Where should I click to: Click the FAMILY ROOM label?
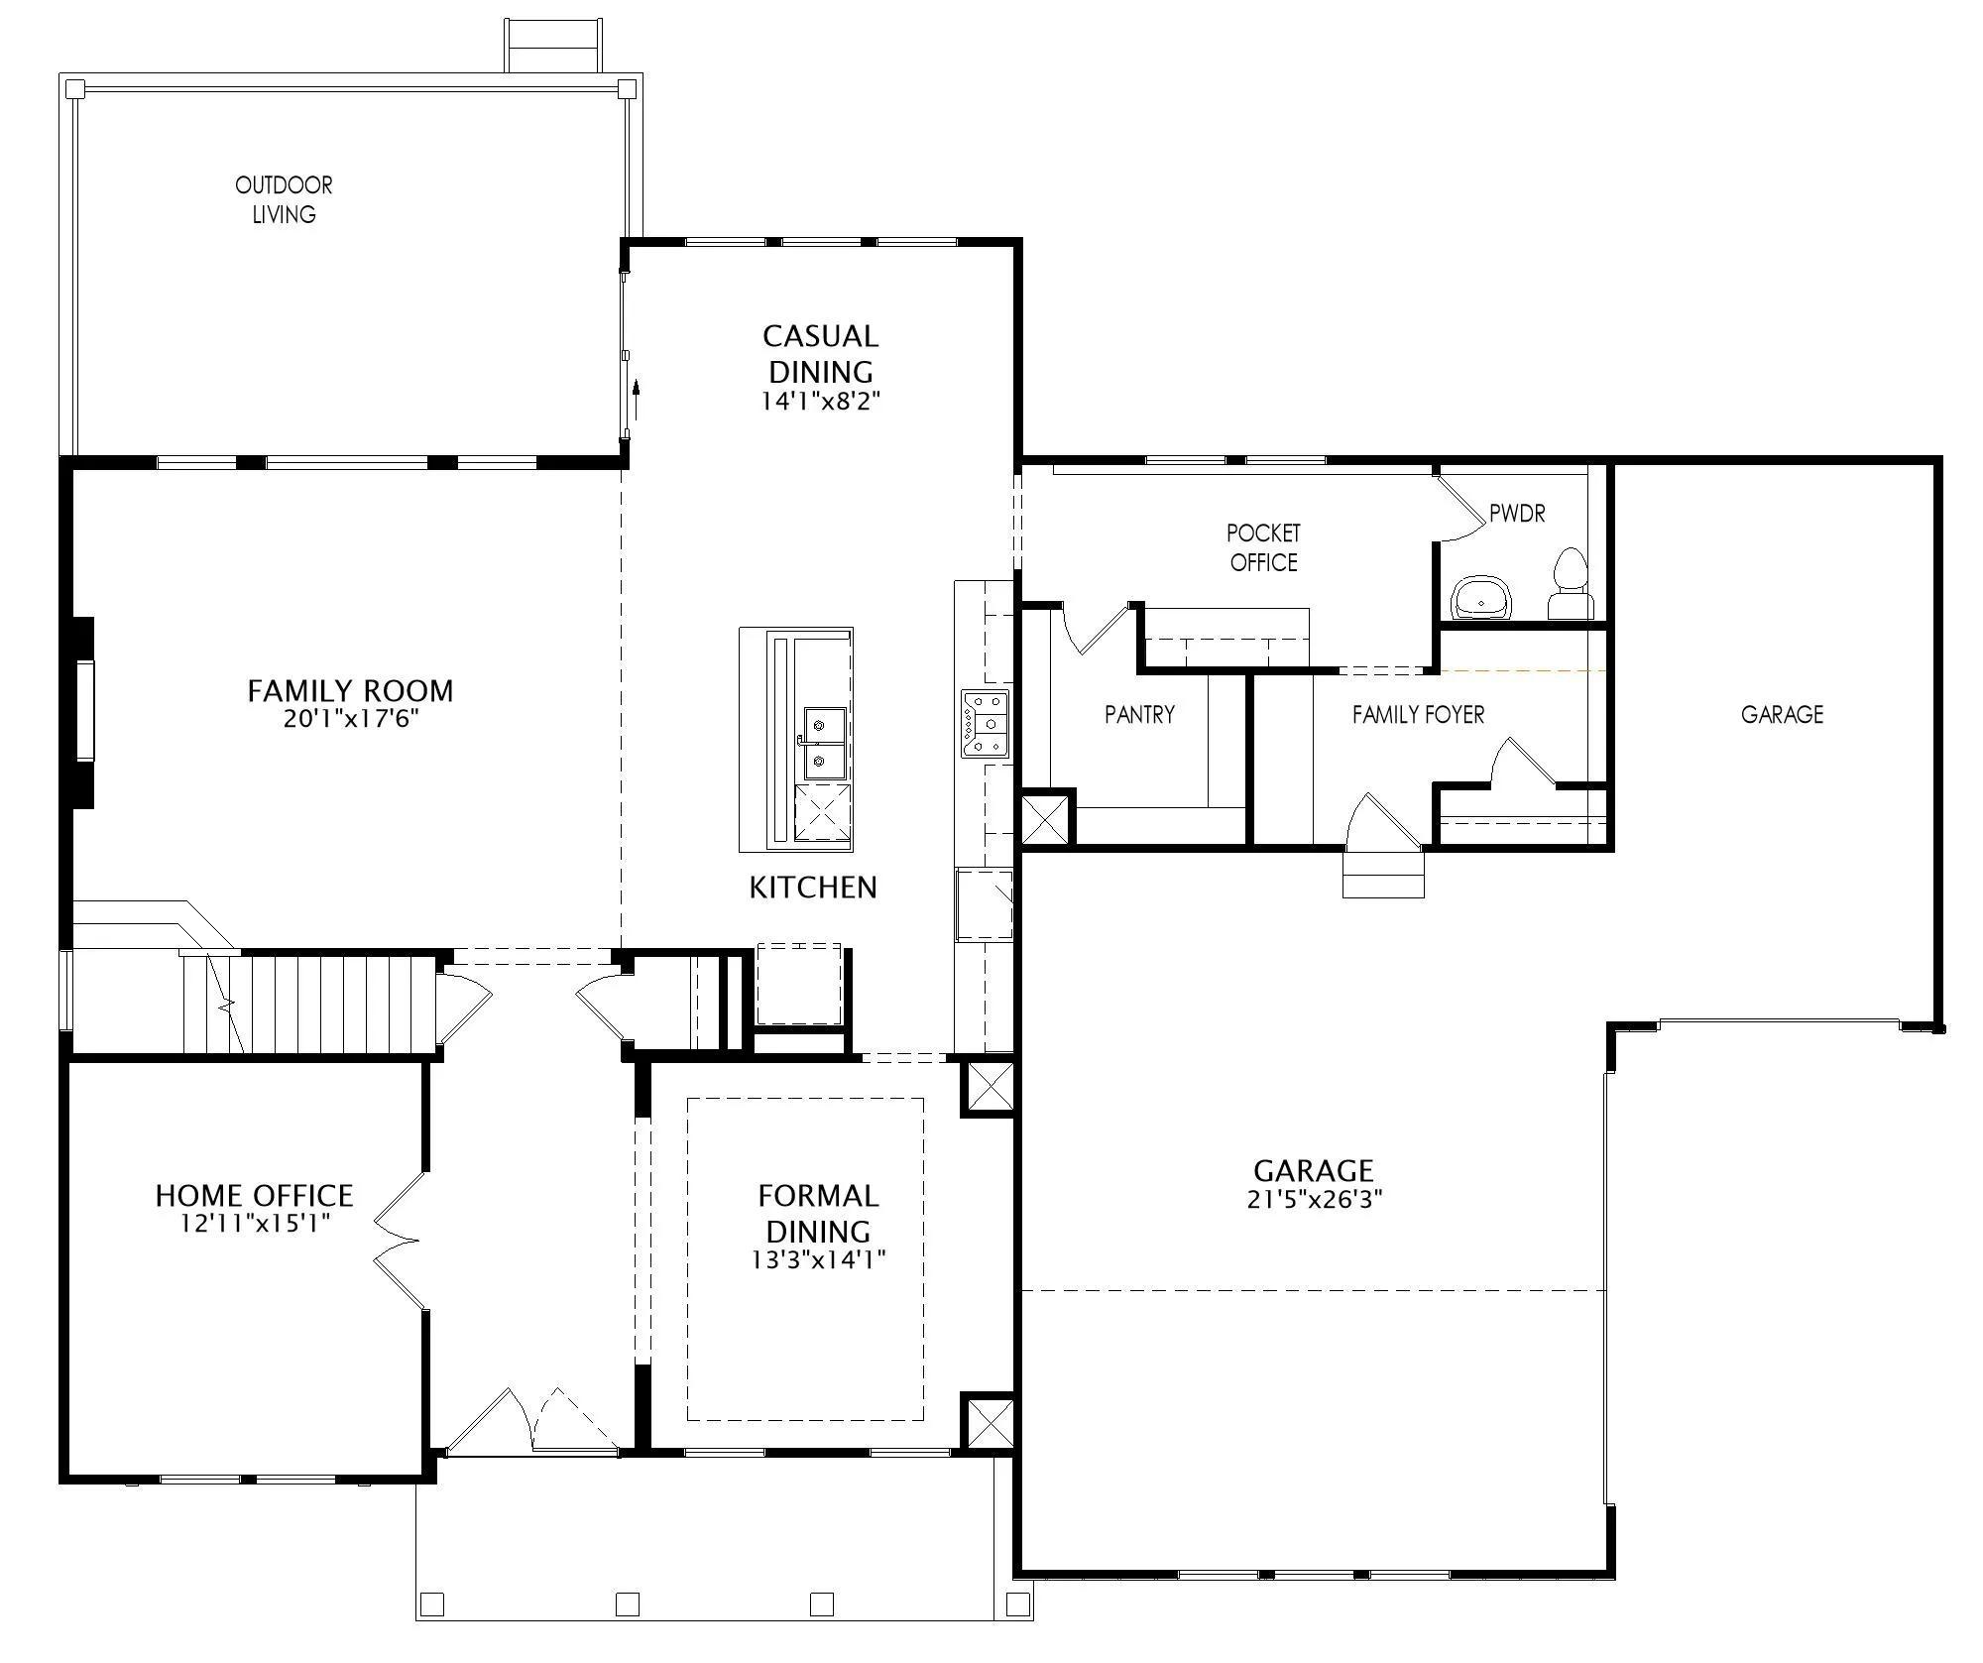click(x=350, y=690)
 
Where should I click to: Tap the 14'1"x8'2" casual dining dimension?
click(x=821, y=402)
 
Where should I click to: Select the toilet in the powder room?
click(x=1570, y=583)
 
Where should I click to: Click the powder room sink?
click(x=1481, y=598)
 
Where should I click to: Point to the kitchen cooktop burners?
click(x=985, y=724)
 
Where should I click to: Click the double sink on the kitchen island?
click(x=825, y=743)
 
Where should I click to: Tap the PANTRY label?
click(x=1139, y=714)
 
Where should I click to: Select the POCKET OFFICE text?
click(x=1263, y=547)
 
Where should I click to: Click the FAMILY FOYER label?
click(x=1418, y=714)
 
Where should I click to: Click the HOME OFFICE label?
click(x=254, y=1195)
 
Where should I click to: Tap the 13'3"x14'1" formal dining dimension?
click(x=818, y=1260)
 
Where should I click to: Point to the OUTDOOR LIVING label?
click(x=284, y=199)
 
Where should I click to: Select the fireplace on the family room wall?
click(x=83, y=712)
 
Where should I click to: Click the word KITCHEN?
click(x=813, y=888)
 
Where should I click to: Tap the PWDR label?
click(x=1517, y=514)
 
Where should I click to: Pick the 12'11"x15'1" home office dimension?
click(x=254, y=1224)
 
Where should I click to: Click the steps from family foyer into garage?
click(x=1383, y=874)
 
